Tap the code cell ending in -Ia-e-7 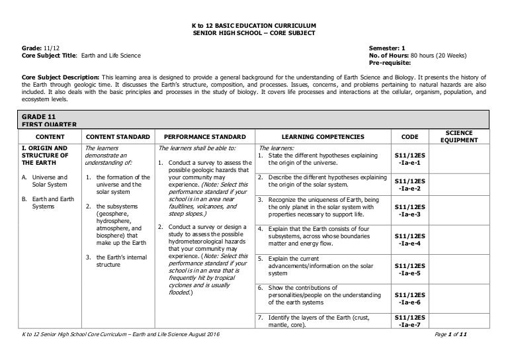coord(410,321)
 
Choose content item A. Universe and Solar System coord(47,181)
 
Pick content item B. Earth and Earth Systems coord(47,203)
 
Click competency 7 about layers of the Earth coord(317,321)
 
